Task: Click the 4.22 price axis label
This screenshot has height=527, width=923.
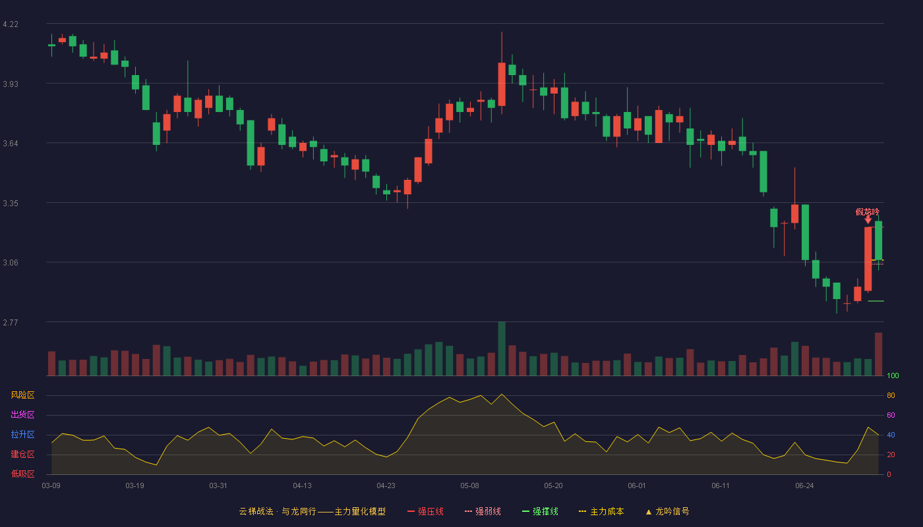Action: [x=11, y=24]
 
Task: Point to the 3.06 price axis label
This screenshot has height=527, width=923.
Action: [x=11, y=263]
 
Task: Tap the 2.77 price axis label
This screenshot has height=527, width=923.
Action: [x=11, y=322]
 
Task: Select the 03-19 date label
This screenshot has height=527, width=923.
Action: [x=134, y=486]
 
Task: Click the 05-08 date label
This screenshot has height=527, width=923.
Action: [x=469, y=486]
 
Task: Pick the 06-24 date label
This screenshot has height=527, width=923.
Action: [x=805, y=486]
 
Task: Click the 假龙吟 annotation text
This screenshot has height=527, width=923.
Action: [x=868, y=212]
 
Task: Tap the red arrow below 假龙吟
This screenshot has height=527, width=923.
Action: [x=868, y=220]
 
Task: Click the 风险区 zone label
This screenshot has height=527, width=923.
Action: [x=22, y=395]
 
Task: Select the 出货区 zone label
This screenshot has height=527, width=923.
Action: [x=22, y=414]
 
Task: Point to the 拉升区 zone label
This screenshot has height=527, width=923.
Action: [x=22, y=434]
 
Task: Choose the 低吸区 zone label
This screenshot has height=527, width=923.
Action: [x=22, y=474]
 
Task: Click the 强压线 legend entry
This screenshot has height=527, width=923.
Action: [x=426, y=511]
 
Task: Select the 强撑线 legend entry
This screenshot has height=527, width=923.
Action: [x=540, y=511]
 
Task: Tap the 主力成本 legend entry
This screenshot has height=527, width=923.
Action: [x=601, y=511]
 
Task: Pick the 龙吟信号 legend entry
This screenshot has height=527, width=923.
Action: [x=667, y=511]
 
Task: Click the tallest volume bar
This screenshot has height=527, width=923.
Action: [x=502, y=348]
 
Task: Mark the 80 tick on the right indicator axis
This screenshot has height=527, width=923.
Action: [x=891, y=395]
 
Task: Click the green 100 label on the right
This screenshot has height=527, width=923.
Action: [x=893, y=375]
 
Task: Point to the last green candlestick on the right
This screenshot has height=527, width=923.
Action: [x=878, y=240]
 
